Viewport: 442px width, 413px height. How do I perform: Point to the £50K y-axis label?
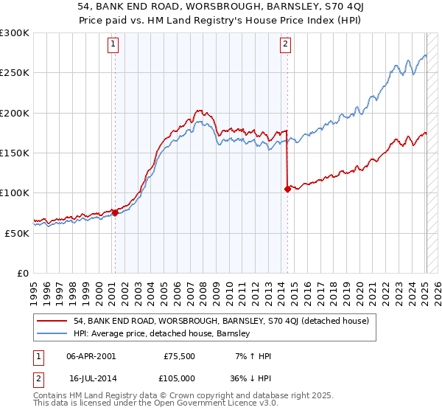[x=16, y=232]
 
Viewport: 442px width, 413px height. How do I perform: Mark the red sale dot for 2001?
[x=115, y=212]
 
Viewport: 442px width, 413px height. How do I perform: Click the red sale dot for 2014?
[x=287, y=189]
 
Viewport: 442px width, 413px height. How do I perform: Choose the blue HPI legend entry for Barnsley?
[x=162, y=333]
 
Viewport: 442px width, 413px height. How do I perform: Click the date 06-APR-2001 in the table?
[x=91, y=356]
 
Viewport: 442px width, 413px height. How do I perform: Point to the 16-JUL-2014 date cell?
[x=91, y=378]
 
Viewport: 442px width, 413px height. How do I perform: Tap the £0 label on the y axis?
[x=22, y=272]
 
